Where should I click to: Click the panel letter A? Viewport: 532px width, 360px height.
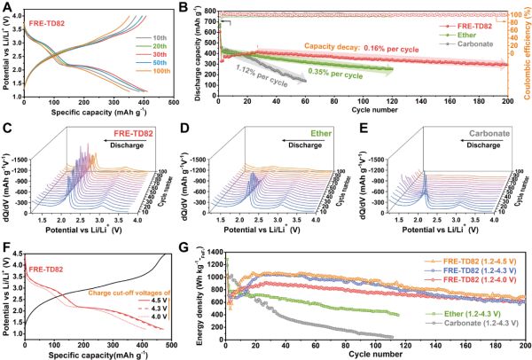click(x=6, y=7)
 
